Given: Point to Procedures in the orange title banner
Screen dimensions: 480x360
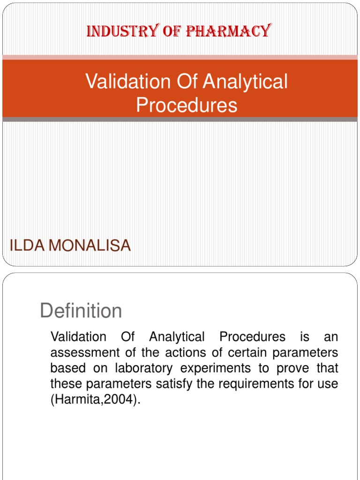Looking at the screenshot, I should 187,105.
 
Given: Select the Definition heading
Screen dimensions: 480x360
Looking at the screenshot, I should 81,311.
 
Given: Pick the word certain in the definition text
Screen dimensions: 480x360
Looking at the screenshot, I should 226,353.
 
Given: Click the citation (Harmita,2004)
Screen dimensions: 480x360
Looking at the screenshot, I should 95,401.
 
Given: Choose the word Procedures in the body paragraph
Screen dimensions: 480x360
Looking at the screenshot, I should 252,337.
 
